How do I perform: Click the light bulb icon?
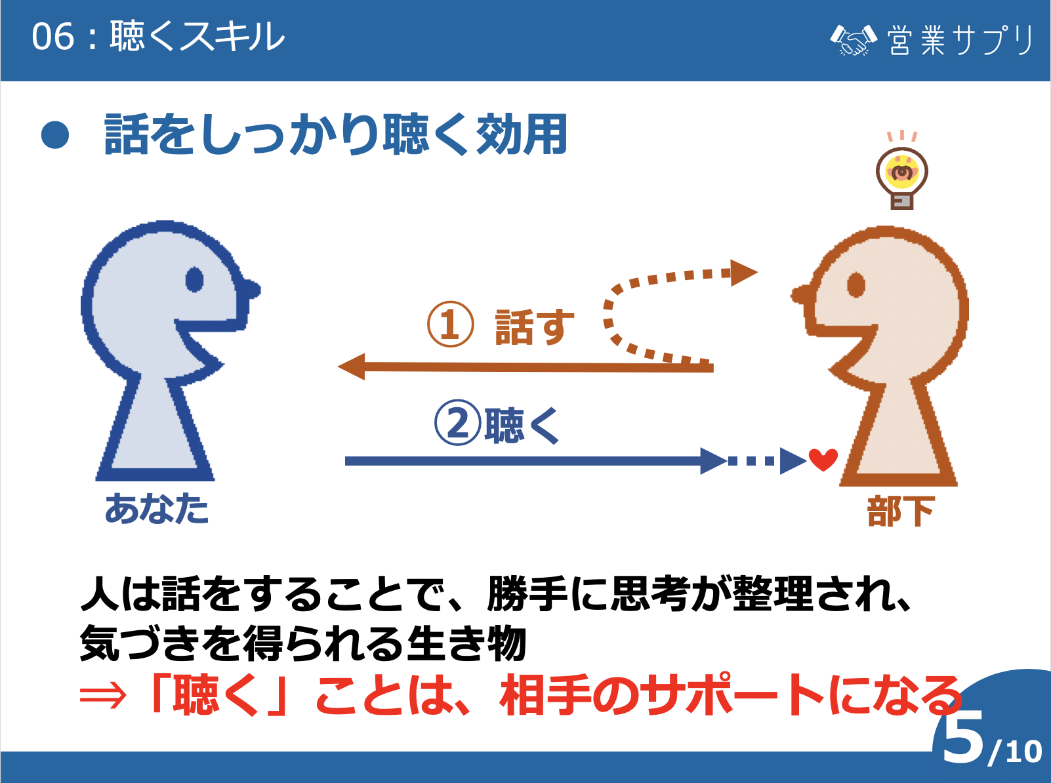(x=902, y=176)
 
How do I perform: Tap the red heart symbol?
(x=823, y=459)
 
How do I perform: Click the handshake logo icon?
(x=853, y=40)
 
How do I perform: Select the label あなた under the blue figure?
(x=157, y=508)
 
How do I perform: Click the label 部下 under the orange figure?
(x=901, y=512)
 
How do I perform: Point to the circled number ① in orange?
(x=450, y=325)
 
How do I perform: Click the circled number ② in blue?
(x=457, y=423)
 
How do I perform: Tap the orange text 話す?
(x=534, y=326)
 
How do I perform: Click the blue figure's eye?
(x=194, y=279)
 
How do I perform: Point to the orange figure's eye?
(x=856, y=285)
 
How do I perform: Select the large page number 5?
(x=963, y=738)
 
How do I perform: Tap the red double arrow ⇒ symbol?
(x=102, y=696)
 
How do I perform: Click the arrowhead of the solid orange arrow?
(x=352, y=367)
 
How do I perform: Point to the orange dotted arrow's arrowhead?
(x=743, y=272)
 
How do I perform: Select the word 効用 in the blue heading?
(x=522, y=134)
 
